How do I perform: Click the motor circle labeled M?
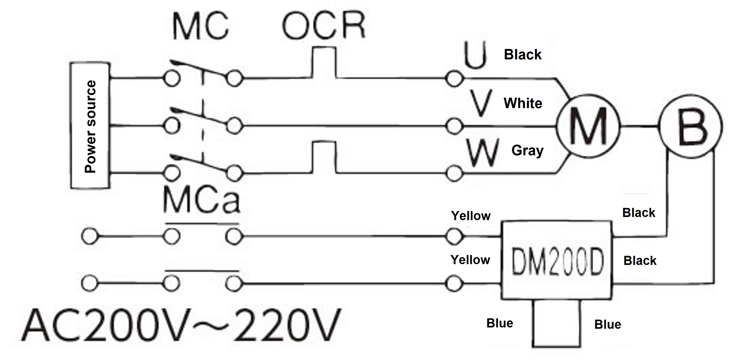point(588,126)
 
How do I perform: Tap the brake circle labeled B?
point(691,126)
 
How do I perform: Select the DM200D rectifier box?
point(557,260)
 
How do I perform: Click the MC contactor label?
point(201,27)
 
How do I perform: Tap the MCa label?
point(202,200)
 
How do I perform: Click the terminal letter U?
point(475,55)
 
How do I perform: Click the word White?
point(523,103)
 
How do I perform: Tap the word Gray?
point(527,151)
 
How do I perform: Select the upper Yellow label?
point(471,216)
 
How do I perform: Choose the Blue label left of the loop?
point(500,323)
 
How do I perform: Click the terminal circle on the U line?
point(454,78)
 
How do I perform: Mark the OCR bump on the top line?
point(324,62)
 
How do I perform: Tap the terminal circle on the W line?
point(454,173)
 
